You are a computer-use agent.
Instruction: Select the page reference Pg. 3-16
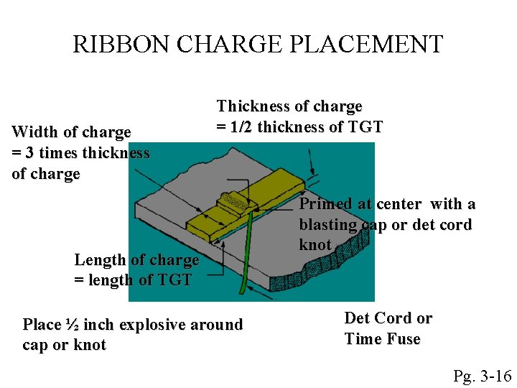[482, 376]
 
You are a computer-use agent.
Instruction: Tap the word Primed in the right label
[325, 204]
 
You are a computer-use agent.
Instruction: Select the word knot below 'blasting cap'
[315, 245]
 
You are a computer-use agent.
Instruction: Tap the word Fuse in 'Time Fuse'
[404, 339]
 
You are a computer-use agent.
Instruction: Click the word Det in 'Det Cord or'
[357, 318]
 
